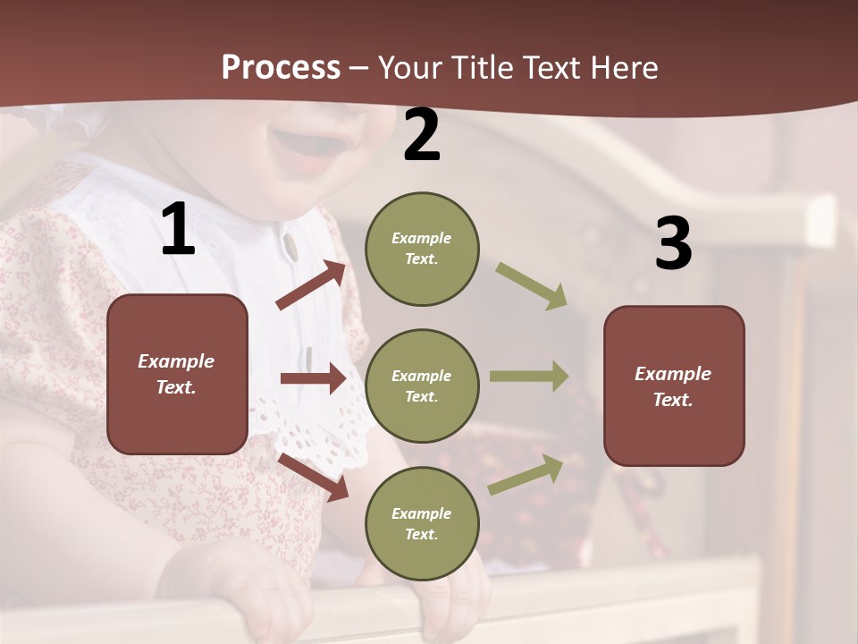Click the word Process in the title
(x=281, y=68)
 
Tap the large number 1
(x=178, y=230)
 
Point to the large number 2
(x=422, y=136)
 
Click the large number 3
(x=673, y=243)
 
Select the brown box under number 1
(x=177, y=374)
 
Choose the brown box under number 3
(x=674, y=386)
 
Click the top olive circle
(x=422, y=249)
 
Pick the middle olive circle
(x=422, y=386)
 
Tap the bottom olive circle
(x=422, y=523)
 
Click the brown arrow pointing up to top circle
(x=312, y=285)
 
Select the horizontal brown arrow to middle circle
(x=313, y=378)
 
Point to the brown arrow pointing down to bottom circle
(x=314, y=477)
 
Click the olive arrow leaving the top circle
(x=532, y=285)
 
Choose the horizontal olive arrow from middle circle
(x=529, y=377)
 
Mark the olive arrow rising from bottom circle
(x=526, y=474)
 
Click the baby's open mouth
(x=308, y=148)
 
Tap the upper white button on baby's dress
(x=290, y=244)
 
